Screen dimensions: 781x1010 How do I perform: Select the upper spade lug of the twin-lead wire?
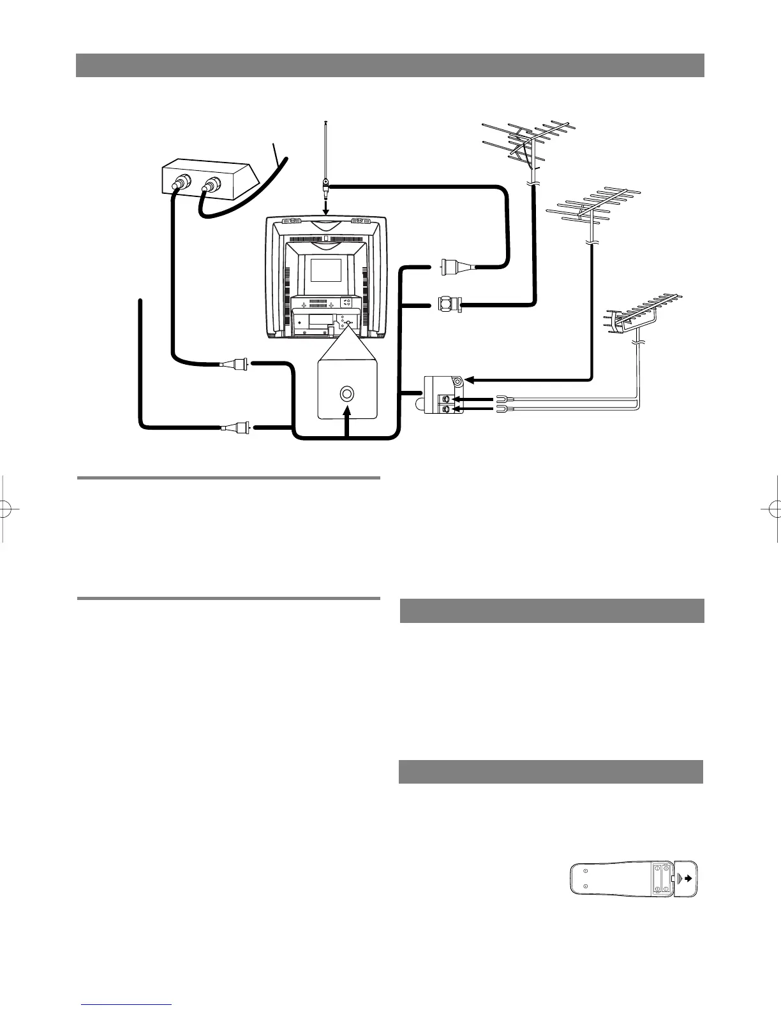tap(500, 399)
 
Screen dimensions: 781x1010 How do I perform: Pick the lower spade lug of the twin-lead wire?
tap(500, 408)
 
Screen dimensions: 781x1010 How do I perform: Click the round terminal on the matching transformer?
tap(457, 382)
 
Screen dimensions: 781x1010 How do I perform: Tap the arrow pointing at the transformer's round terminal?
tap(469, 381)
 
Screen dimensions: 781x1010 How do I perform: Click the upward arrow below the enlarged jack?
tap(347, 421)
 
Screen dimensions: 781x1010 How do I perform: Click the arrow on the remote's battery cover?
tap(687, 878)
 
